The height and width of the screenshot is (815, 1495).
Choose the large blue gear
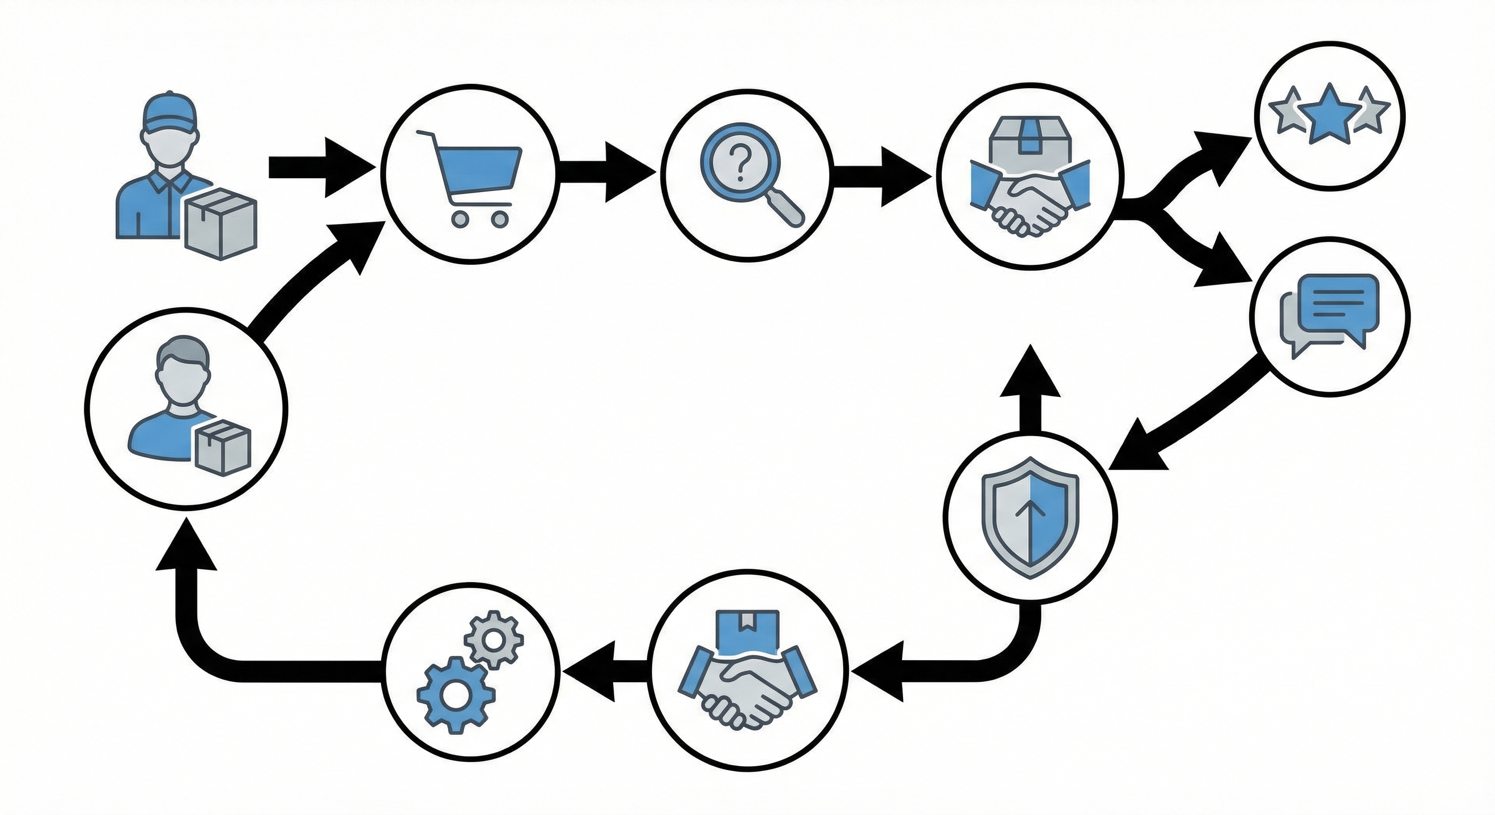(x=455, y=692)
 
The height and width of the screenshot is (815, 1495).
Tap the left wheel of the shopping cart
(x=460, y=219)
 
